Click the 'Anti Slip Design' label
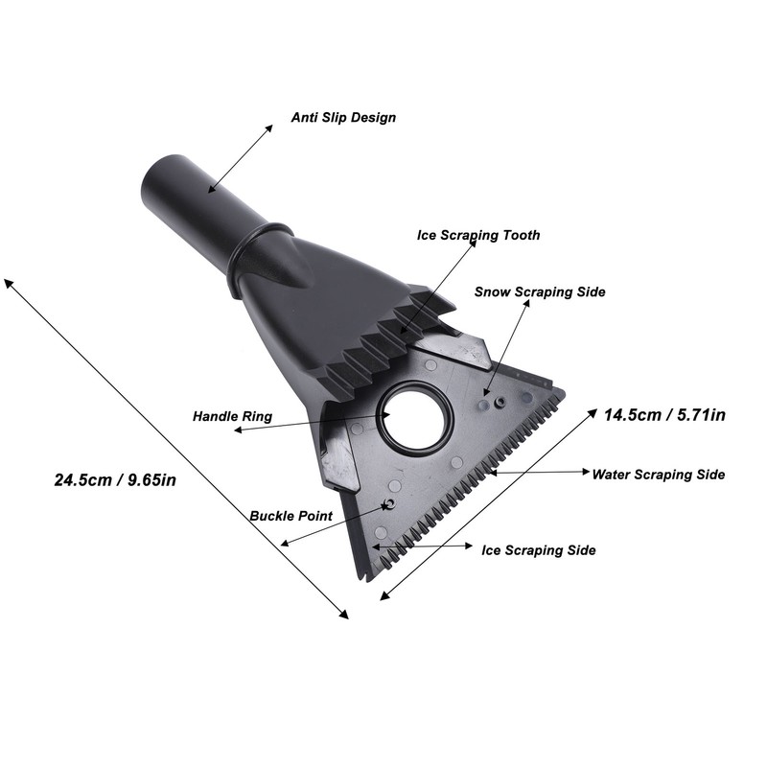pos(343,118)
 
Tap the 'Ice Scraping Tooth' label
pos(478,235)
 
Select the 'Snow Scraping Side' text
pos(540,292)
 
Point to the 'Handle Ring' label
pos(232,416)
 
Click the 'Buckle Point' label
pos(291,516)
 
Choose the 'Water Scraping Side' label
pos(659,475)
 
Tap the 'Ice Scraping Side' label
pos(539,550)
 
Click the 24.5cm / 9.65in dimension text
pos(115,480)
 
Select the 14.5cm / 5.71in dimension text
pos(664,415)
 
